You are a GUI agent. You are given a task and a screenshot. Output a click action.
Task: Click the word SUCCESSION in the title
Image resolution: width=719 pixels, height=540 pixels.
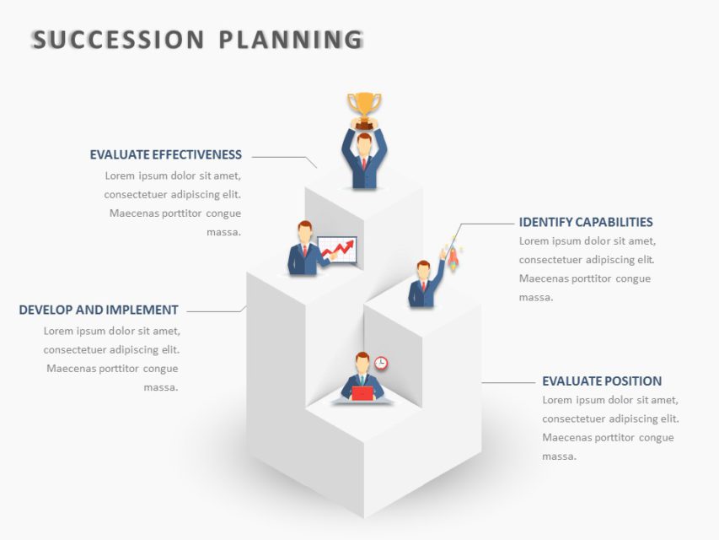tap(118, 40)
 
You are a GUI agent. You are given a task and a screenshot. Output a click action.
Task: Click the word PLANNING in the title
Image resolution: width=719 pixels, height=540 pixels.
tap(291, 40)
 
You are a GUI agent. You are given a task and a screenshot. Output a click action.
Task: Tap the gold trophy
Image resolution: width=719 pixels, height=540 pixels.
tap(364, 107)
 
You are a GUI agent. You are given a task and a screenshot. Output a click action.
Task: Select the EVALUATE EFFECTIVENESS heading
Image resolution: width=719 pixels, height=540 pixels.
tap(166, 154)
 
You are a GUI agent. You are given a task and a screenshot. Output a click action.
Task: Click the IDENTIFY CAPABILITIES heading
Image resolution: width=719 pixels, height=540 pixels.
tap(586, 222)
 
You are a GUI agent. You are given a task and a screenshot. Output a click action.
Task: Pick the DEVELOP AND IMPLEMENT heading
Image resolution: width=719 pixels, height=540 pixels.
tap(99, 310)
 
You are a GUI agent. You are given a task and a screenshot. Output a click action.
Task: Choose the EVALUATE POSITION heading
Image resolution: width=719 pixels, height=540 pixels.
tap(602, 381)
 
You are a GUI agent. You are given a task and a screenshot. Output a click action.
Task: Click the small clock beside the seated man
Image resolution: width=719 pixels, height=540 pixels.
tap(381, 363)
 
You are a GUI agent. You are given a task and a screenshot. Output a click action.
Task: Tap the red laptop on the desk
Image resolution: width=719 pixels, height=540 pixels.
tap(362, 393)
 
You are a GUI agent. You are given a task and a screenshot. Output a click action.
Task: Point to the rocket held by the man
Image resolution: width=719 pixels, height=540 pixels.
tap(452, 254)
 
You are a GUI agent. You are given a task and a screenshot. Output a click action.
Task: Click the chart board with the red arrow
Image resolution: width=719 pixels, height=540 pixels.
tap(337, 250)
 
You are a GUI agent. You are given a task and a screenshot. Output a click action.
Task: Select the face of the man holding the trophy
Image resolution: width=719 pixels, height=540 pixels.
tap(364, 143)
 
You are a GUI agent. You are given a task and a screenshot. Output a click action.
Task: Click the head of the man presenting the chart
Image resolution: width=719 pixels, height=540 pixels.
tap(305, 231)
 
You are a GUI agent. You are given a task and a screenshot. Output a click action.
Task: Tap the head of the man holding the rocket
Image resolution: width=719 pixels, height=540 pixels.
tap(423, 270)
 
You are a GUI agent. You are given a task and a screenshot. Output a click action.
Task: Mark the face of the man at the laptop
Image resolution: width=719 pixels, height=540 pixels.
tap(362, 365)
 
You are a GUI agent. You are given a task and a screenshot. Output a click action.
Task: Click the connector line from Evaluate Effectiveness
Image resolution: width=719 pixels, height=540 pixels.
tap(282, 157)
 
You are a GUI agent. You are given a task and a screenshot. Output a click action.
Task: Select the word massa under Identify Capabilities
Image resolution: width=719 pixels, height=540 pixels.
tap(535, 297)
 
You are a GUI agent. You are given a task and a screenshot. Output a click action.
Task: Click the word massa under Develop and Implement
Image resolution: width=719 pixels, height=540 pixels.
tap(160, 387)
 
